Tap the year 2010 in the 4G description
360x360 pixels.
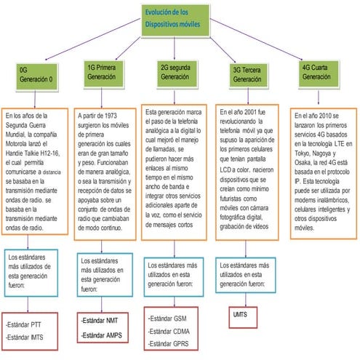(x=325, y=115)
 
